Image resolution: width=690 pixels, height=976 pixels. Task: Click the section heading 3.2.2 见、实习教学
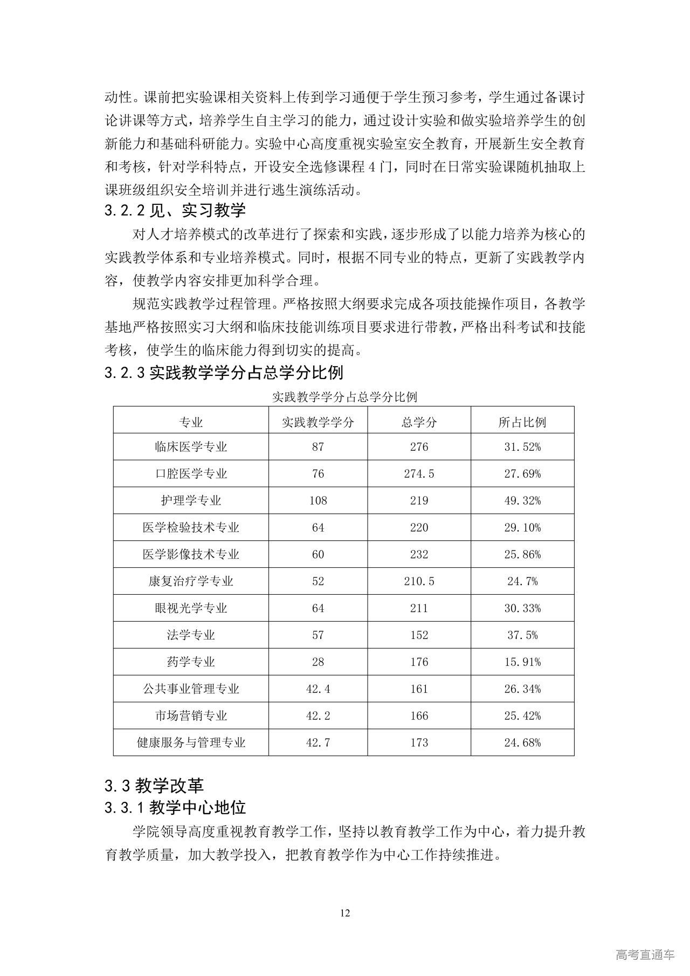pos(175,210)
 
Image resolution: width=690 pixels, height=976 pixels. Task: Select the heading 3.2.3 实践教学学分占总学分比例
pos(224,373)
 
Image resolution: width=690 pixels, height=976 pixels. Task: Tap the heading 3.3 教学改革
pos(154,786)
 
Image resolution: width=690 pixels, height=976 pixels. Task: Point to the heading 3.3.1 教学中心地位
pos(175,808)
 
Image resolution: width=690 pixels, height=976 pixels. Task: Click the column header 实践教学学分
pos(318,422)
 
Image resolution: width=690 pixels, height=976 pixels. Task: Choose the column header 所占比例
pos(522,422)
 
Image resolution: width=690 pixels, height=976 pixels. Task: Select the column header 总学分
pos(419,422)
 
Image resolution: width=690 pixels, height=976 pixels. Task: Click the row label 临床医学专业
pos(191,447)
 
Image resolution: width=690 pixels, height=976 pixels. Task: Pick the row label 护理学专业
pos(191,501)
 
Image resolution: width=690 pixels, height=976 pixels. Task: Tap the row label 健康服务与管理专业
pos(191,743)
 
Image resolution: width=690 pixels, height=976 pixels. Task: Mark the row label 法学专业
pos(191,635)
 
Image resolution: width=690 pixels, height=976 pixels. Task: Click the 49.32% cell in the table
pos(522,501)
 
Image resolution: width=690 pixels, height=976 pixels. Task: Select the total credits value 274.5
pos(419,474)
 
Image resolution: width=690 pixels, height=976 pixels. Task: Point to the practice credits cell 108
pos(318,501)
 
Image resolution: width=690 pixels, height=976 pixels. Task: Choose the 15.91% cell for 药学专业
pos(522,662)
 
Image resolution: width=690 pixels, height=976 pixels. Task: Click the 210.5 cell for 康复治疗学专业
pos(419,581)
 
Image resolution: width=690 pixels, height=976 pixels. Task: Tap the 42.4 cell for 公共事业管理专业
pos(318,689)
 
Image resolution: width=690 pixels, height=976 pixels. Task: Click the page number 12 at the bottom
pos(346,913)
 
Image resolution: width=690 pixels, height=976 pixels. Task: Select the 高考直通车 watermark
pos(645,955)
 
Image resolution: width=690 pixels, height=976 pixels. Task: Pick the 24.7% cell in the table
pos(522,581)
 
